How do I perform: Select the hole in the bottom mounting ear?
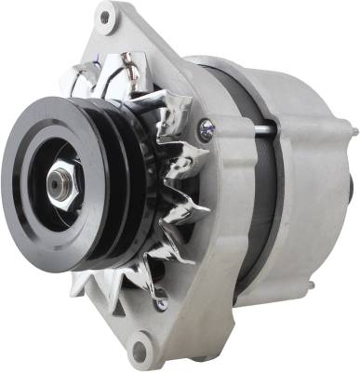141,351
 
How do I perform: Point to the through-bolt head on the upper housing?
206,125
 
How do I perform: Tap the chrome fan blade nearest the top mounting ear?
121,70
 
